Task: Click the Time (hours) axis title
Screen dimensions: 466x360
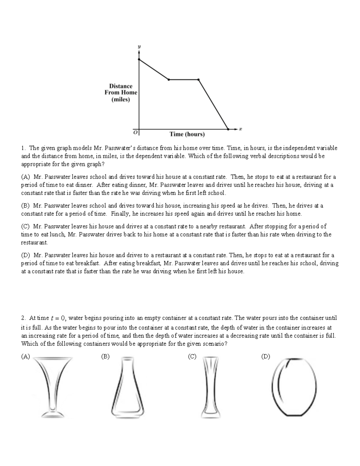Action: click(x=187, y=134)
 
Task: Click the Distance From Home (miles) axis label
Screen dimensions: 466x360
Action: click(x=121, y=93)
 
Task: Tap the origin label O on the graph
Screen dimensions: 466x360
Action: click(x=135, y=132)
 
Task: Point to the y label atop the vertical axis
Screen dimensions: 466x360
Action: click(x=139, y=47)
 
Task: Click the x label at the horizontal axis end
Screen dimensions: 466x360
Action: click(x=240, y=129)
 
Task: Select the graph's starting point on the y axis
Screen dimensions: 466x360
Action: click(x=139, y=59)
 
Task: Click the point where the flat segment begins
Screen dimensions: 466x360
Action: click(x=169, y=80)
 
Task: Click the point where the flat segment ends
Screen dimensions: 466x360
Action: click(x=198, y=80)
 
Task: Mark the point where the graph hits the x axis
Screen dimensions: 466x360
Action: click(x=228, y=129)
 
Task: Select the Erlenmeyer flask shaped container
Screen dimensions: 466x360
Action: click(x=127, y=387)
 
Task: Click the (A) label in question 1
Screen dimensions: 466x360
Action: click(x=25, y=177)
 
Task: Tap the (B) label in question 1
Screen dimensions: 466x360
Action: click(x=25, y=206)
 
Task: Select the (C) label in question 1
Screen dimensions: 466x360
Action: click(x=25, y=226)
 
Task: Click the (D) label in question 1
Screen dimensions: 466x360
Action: click(x=25, y=255)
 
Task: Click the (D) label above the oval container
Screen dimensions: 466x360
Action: click(x=265, y=356)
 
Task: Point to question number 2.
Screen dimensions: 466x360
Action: click(x=23, y=318)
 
